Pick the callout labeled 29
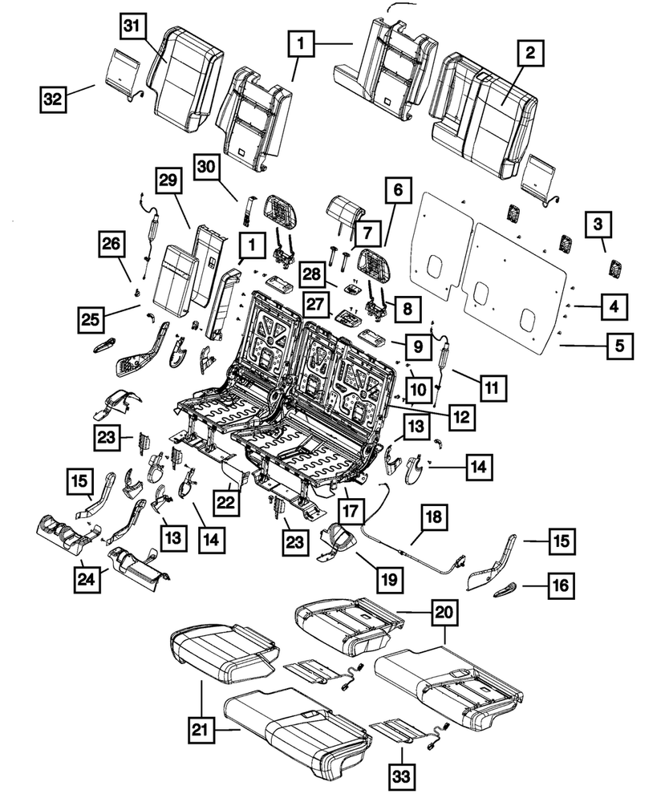(x=166, y=184)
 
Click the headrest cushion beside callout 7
(x=345, y=210)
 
